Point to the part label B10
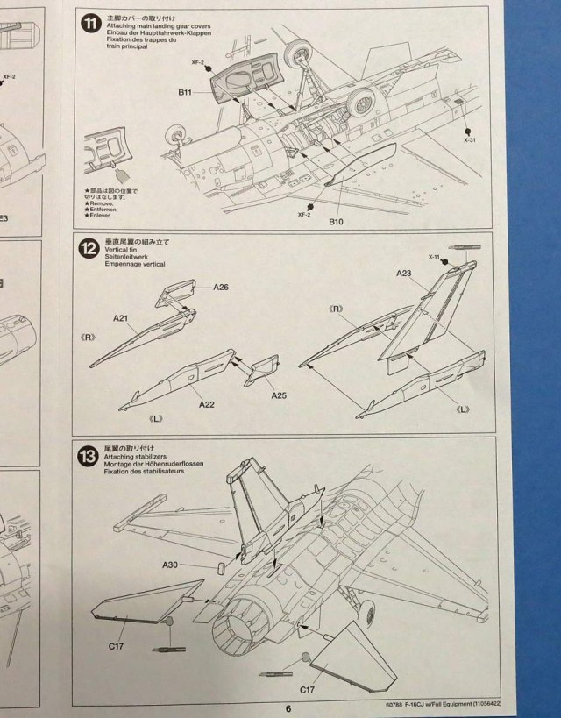pos(337,221)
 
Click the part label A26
pos(221,287)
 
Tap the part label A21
pos(121,318)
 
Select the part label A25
pos(279,395)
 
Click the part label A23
pos(404,274)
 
